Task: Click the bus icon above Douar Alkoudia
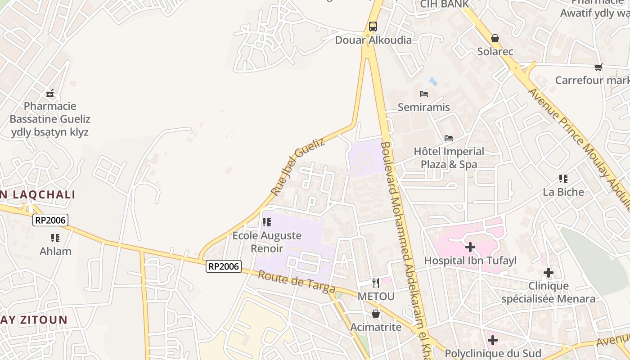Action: tap(373, 27)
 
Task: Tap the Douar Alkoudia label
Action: tap(373, 40)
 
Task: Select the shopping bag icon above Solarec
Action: tap(495, 39)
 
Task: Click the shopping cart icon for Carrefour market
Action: tap(598, 67)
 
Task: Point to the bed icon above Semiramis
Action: tap(423, 94)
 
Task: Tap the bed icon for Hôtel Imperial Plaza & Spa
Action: tap(448, 138)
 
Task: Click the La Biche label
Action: tap(563, 192)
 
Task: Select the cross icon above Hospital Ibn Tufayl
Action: tap(470, 247)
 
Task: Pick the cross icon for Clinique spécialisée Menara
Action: tap(548, 273)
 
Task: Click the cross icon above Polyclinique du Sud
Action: tap(493, 340)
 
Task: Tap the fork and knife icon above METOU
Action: tap(376, 283)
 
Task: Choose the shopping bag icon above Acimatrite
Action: tap(376, 314)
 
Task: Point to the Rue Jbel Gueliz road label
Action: tap(297, 166)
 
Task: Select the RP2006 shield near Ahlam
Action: tap(50, 220)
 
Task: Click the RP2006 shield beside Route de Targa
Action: tap(224, 266)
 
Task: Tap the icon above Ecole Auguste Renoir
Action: tap(267, 222)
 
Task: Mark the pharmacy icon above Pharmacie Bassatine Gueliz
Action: tap(50, 93)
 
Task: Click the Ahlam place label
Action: tap(55, 251)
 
